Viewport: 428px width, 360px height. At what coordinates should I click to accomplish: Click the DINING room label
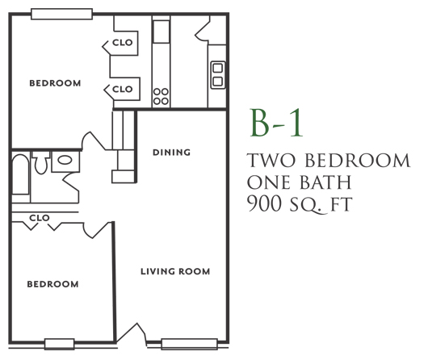pyautogui.click(x=171, y=153)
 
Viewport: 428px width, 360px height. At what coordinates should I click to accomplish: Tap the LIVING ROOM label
pyautogui.click(x=175, y=271)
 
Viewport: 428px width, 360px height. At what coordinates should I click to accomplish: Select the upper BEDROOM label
pyautogui.click(x=55, y=83)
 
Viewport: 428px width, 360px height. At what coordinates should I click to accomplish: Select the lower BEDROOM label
pyautogui.click(x=53, y=284)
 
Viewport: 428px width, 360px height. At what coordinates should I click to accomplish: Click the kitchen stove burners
pyautogui.click(x=161, y=97)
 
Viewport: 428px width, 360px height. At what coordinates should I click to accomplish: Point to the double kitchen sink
pyautogui.click(x=218, y=75)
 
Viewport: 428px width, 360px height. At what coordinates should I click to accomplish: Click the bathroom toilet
pyautogui.click(x=41, y=163)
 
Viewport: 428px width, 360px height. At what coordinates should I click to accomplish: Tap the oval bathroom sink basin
pyautogui.click(x=65, y=160)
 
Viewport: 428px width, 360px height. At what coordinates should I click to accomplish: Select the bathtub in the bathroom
pyautogui.click(x=20, y=174)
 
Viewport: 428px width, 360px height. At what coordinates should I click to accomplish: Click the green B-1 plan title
pyautogui.click(x=277, y=123)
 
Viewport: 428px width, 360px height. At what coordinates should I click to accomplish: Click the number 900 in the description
pyautogui.click(x=264, y=204)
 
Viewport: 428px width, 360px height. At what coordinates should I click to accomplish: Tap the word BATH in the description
pyautogui.click(x=326, y=182)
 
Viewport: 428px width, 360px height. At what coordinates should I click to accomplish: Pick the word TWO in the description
pyautogui.click(x=271, y=160)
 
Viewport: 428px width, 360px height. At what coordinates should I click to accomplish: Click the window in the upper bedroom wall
pyautogui.click(x=61, y=14)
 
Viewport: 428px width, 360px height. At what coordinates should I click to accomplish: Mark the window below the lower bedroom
pyautogui.click(x=60, y=344)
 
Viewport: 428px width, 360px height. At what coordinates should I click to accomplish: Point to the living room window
pyautogui.click(x=190, y=344)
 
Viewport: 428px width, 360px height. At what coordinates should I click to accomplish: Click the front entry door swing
pyautogui.click(x=131, y=333)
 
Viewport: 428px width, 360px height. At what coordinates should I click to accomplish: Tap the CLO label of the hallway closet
pyautogui.click(x=40, y=218)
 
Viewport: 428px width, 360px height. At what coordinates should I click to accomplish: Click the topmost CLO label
pyautogui.click(x=123, y=43)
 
